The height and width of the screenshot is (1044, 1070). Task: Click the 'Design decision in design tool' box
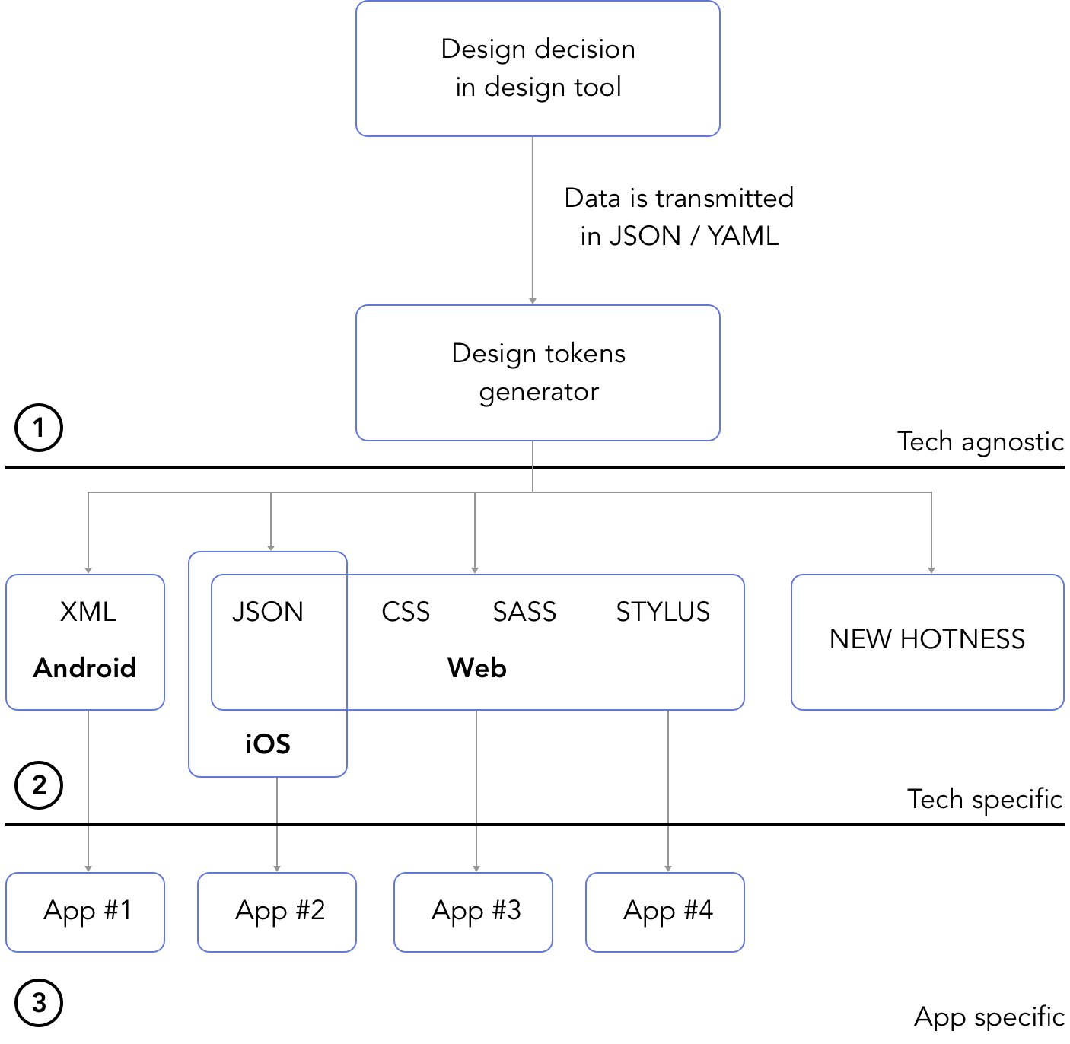pyautogui.click(x=538, y=68)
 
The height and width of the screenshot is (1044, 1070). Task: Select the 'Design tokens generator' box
pyautogui.click(x=538, y=373)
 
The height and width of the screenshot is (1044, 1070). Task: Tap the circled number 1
pyautogui.click(x=39, y=428)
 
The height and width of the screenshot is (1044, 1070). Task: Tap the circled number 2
pyautogui.click(x=39, y=785)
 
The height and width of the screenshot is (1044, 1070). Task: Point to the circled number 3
pyautogui.click(x=39, y=1003)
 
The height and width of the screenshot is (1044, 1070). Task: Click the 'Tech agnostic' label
pyautogui.click(x=980, y=442)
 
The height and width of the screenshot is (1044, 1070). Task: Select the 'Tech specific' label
pyautogui.click(x=984, y=799)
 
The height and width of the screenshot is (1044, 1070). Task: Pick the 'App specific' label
pyautogui.click(x=989, y=1017)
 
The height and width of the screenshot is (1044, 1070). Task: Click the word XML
pyautogui.click(x=88, y=611)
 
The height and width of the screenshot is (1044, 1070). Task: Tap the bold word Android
pyautogui.click(x=84, y=668)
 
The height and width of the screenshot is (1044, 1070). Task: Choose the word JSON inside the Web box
pyautogui.click(x=268, y=612)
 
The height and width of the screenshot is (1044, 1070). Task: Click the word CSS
pyautogui.click(x=406, y=612)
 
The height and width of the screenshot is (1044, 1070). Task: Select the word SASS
pyautogui.click(x=524, y=612)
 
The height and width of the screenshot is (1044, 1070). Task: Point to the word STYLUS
pyautogui.click(x=663, y=612)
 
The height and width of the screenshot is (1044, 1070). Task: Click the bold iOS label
pyautogui.click(x=268, y=744)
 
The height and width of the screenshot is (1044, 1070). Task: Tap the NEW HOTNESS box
pyautogui.click(x=928, y=642)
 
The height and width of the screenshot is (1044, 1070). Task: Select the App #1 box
pyautogui.click(x=85, y=912)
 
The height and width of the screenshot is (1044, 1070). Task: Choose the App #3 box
pyautogui.click(x=473, y=912)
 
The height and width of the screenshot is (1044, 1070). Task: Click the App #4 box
pyautogui.click(x=665, y=912)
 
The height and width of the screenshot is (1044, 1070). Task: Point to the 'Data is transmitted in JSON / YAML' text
pyautogui.click(x=679, y=217)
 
